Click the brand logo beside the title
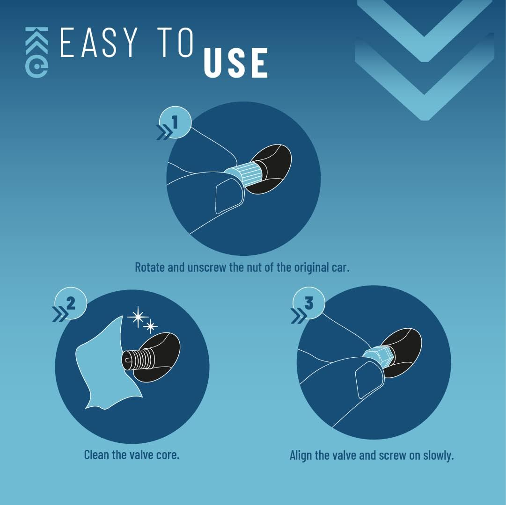[x=37, y=52]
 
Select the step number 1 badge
[x=175, y=123]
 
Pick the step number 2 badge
[x=71, y=303]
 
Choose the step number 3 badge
[x=309, y=303]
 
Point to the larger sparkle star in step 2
[x=138, y=317]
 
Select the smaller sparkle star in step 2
[x=150, y=326]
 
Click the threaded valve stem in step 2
[x=137, y=359]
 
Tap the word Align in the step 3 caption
[x=301, y=455]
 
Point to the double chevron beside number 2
[x=60, y=314]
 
